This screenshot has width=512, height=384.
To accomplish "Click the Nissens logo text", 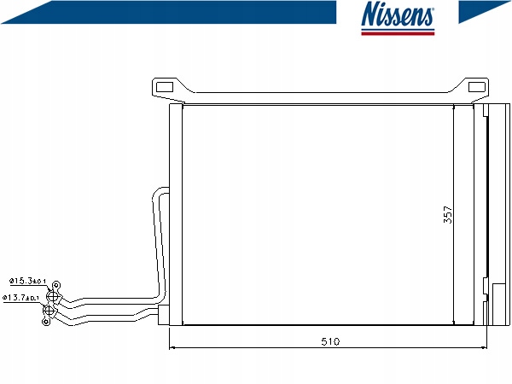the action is tap(398, 14).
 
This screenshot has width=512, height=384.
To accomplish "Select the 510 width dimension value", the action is tap(330, 341).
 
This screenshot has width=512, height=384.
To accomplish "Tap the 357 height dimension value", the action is tap(448, 214).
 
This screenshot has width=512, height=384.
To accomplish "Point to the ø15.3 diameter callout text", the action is tap(27, 281).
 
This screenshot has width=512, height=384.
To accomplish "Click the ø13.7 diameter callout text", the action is tap(20, 298).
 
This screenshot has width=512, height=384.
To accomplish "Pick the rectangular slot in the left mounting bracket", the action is tap(165, 87).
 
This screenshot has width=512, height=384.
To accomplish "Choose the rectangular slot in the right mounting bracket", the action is tap(477, 87).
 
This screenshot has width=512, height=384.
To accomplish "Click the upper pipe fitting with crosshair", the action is tap(53, 297).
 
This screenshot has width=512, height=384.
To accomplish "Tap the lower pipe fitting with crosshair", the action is tap(49, 311).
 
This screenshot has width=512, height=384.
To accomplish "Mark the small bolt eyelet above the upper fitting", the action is tap(56, 285).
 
